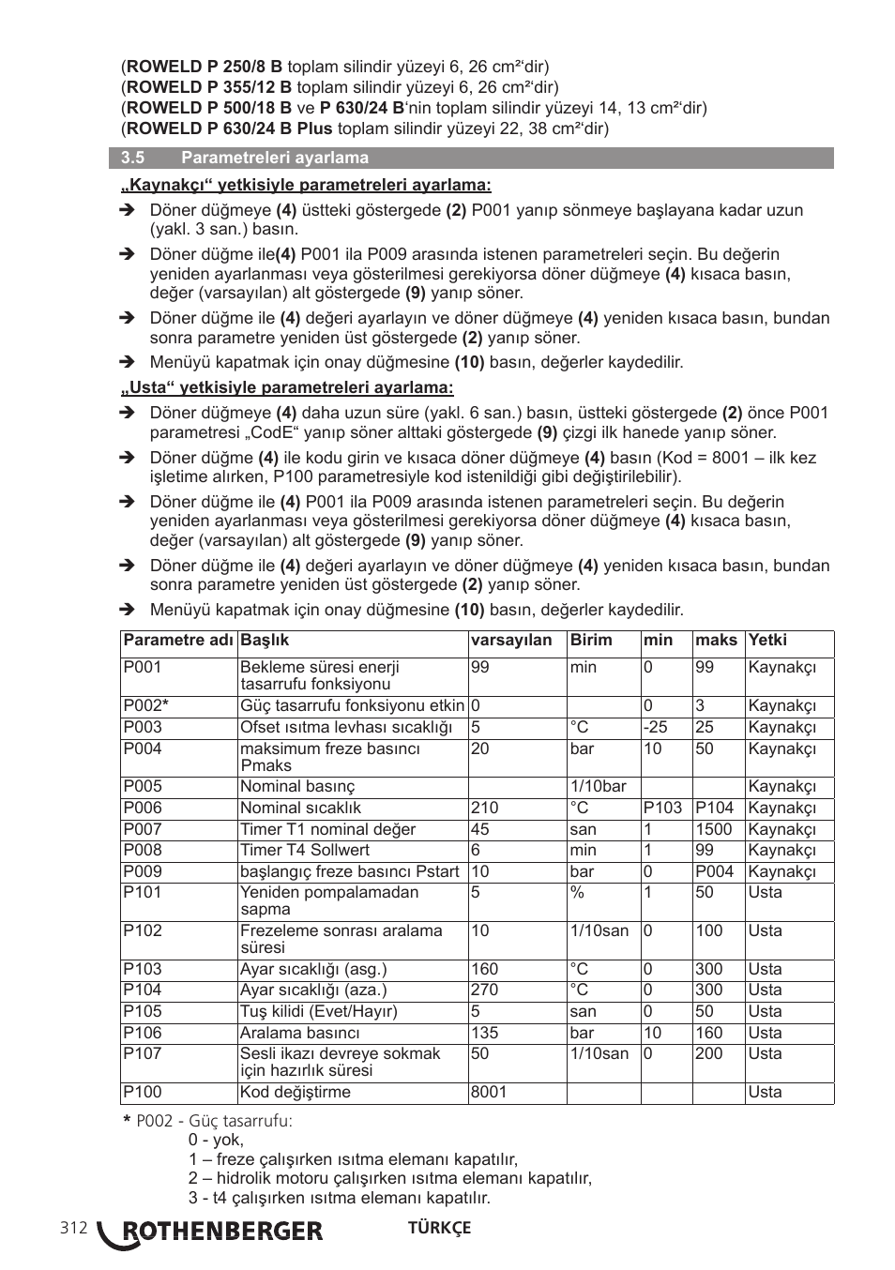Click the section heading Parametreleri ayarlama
point(274,158)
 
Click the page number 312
point(73,1228)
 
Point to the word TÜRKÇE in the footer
point(439,1228)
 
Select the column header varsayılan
point(511,641)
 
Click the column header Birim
point(591,641)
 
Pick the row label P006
point(143,808)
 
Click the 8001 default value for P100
point(489,1092)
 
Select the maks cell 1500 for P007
point(713,829)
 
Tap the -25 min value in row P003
point(656,727)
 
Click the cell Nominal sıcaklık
point(300,808)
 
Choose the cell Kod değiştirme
point(295,1092)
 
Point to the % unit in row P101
point(577,892)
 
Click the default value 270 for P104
point(485,990)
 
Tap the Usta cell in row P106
point(765,1033)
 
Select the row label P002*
point(146,705)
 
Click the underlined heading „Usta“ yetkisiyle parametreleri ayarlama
point(287,387)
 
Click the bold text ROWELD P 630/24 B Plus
point(230,129)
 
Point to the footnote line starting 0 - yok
point(216,1140)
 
